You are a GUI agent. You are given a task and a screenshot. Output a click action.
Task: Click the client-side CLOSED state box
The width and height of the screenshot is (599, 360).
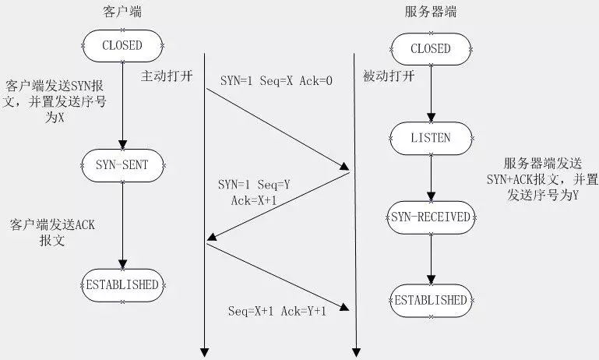pyautogui.click(x=122, y=46)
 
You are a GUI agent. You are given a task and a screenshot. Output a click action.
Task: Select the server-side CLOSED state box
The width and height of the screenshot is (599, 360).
pyautogui.click(x=430, y=48)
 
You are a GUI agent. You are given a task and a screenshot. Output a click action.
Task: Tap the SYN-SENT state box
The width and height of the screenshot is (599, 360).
pyautogui.click(x=122, y=164)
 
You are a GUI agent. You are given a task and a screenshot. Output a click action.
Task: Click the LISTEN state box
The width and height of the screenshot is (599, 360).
pyautogui.click(x=430, y=138)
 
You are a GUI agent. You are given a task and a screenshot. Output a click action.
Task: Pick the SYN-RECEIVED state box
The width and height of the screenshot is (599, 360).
pyautogui.click(x=430, y=217)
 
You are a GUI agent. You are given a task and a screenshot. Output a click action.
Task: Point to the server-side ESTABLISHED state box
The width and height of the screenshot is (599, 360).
pyautogui.click(x=430, y=300)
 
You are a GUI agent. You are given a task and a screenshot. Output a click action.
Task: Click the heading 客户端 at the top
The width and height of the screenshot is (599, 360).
pyautogui.click(x=122, y=13)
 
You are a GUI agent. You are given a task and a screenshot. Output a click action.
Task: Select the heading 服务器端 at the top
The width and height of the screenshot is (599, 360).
pyautogui.click(x=429, y=13)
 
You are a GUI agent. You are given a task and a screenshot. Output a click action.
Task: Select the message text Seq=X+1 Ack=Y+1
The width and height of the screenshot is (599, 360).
pyautogui.click(x=277, y=311)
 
